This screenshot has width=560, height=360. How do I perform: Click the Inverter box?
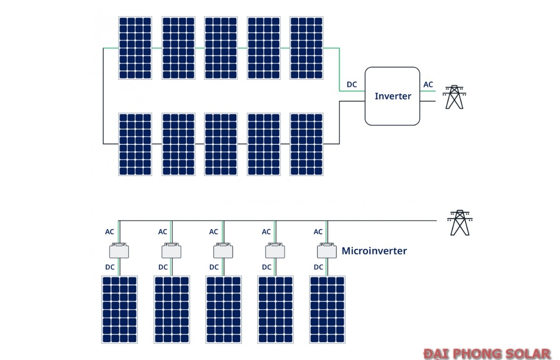tap(392, 96)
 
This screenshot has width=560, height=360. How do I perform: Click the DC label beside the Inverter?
tap(352, 84)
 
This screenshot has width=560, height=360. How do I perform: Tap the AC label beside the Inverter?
tap(428, 84)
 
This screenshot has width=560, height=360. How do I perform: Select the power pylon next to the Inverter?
tap(454, 97)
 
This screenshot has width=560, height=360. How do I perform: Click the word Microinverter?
tap(374, 251)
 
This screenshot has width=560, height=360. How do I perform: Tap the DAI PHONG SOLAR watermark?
tap(486, 353)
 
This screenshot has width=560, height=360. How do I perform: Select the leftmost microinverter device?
tap(119, 251)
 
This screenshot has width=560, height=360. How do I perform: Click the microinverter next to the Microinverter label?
tap(326, 251)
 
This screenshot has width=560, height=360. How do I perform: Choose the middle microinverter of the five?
tap(223, 251)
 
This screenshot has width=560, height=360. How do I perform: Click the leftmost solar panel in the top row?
tap(135, 48)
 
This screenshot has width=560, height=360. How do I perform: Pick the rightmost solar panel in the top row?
tap(307, 48)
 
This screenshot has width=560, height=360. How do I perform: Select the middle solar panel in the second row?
tap(221, 144)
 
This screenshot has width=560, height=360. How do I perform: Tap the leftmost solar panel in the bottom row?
tap(120, 310)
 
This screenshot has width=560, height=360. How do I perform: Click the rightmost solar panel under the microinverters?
tap(327, 310)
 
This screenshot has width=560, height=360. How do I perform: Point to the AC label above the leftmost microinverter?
tap(109, 232)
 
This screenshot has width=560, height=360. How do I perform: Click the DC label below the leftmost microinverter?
tap(109, 267)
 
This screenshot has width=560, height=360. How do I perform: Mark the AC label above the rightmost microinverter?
tap(318, 232)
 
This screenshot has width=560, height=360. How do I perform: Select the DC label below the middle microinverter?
tap(214, 267)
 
